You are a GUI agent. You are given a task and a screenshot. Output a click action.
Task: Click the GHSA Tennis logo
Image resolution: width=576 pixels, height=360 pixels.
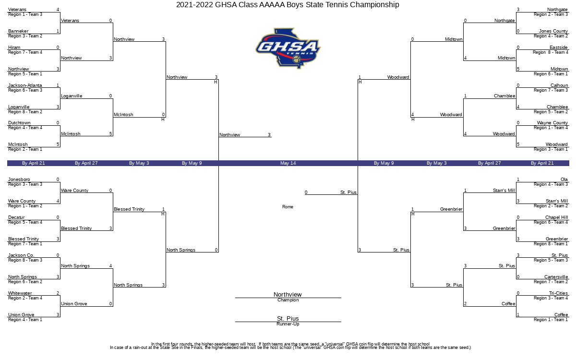[x=288, y=48]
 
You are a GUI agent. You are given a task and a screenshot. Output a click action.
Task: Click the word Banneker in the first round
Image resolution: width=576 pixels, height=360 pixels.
[x=18, y=31]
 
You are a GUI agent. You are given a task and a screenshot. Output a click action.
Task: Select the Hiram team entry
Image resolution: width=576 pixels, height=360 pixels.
[x=14, y=48]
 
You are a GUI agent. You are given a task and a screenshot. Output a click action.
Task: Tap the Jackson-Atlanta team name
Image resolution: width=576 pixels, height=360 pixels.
[x=25, y=85]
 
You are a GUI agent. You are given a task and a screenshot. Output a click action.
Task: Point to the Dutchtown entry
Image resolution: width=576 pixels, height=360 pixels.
[x=19, y=123]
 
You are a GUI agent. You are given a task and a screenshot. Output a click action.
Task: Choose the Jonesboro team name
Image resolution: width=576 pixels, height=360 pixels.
[x=19, y=180]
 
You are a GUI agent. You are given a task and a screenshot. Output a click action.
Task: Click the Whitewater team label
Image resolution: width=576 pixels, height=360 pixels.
[x=20, y=293]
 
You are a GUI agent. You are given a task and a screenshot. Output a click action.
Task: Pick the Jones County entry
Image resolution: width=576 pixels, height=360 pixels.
[x=553, y=31]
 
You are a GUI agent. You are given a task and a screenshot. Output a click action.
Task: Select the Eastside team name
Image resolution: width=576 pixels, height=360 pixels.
[x=559, y=48]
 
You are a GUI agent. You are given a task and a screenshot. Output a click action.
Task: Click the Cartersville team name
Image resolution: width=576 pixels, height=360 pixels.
[x=556, y=277]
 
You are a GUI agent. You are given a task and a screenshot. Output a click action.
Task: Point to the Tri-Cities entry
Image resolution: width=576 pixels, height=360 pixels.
[x=558, y=293]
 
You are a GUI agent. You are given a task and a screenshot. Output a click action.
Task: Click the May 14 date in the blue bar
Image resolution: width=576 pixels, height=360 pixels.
[x=288, y=163]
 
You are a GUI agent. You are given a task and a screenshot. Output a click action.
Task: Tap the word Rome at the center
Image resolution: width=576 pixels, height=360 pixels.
[x=288, y=207]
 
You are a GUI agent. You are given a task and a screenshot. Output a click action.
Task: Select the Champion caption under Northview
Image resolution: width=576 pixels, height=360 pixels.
[x=288, y=300]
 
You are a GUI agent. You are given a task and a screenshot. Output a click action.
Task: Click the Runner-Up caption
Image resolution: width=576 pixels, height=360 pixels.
[x=288, y=324]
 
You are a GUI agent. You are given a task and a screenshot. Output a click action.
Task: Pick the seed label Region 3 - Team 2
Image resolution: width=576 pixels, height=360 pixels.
[x=25, y=36]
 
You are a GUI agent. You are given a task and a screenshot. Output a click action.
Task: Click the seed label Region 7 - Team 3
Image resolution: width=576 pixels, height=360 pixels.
[x=551, y=90]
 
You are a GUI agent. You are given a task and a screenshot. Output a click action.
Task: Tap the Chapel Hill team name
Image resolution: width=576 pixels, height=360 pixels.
[x=557, y=217]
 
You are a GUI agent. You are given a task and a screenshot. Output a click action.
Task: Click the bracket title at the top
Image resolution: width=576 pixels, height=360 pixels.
[x=288, y=5]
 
